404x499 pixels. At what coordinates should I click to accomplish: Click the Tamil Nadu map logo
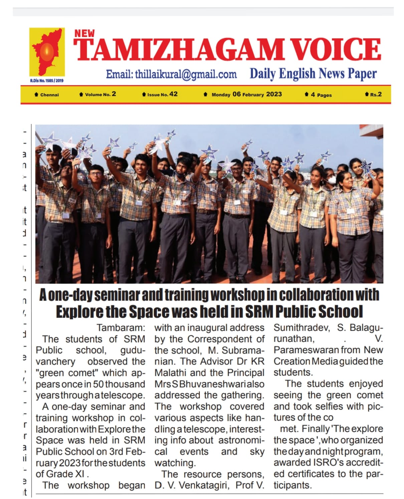click(x=47, y=53)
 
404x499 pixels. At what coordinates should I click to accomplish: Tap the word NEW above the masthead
click(x=84, y=33)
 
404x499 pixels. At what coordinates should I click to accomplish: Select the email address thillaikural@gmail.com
click(x=171, y=74)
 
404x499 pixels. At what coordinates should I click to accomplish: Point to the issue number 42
click(x=174, y=94)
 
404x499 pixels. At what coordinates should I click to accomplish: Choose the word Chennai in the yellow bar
click(x=49, y=95)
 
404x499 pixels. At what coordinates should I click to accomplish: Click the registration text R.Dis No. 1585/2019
click(x=47, y=81)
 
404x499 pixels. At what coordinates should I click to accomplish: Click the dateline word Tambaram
click(x=121, y=328)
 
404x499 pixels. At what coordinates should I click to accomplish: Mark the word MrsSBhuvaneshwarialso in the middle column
click(x=209, y=384)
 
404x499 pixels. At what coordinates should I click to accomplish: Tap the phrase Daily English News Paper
click(x=313, y=74)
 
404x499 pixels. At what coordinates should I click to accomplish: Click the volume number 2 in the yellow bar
click(x=114, y=94)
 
